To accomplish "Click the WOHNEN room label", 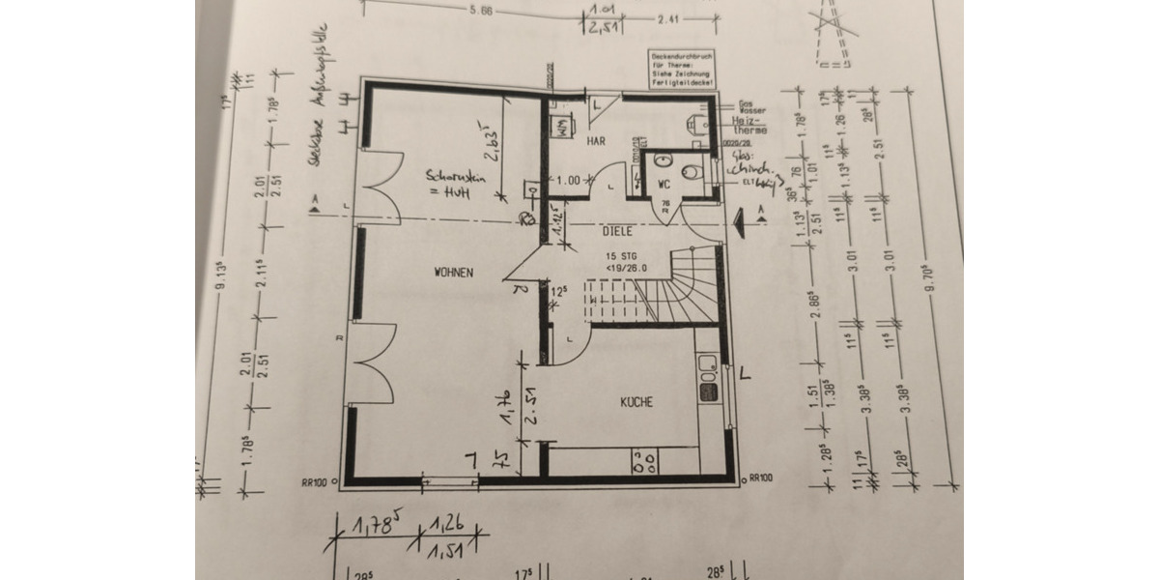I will (x=454, y=274).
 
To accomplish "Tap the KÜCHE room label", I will (x=636, y=402).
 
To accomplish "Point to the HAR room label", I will (x=596, y=141).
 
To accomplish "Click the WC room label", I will (x=664, y=183).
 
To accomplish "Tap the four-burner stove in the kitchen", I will (x=643, y=462).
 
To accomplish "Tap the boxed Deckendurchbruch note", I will (x=680, y=71).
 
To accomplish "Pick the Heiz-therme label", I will (x=750, y=125).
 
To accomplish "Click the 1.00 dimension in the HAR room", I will (x=571, y=181).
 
